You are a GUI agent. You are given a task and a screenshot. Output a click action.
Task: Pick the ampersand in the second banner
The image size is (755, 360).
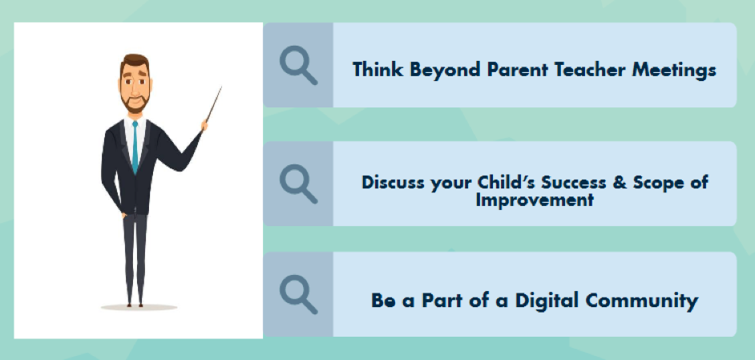tap(619, 183)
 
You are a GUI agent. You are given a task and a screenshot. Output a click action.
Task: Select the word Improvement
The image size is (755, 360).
tap(535, 200)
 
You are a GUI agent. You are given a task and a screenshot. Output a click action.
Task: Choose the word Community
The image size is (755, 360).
tap(641, 301)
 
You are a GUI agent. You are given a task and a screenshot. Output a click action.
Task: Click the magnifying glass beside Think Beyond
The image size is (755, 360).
tap(298, 65)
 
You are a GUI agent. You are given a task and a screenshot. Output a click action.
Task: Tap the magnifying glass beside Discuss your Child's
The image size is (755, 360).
tap(298, 184)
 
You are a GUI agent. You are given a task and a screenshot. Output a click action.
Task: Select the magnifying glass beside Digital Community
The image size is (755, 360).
tap(298, 294)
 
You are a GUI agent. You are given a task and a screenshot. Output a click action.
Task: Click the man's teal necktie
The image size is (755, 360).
tap(135, 147)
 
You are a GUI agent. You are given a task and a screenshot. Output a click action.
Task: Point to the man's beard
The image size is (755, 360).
tap(135, 103)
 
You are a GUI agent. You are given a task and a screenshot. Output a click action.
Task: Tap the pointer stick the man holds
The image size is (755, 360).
tap(214, 104)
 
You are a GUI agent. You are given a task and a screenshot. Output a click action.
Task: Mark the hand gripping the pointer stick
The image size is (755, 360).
tap(204, 125)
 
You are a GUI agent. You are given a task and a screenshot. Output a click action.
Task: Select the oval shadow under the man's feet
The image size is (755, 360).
tap(139, 307)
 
